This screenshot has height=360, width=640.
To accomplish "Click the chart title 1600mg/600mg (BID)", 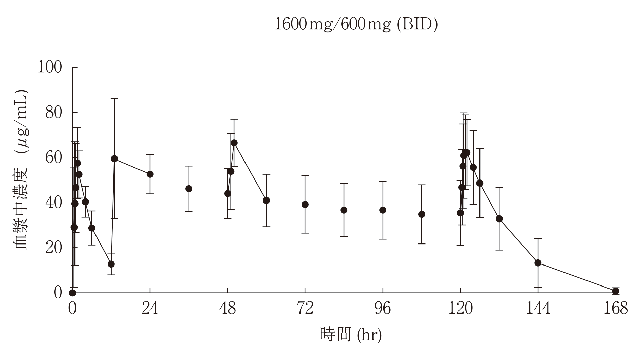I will (x=356, y=25).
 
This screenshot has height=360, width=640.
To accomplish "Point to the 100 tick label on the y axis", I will (x=50, y=67).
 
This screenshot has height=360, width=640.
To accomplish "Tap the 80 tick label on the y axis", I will (x=54, y=112).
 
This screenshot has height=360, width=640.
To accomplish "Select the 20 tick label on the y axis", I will (x=54, y=248).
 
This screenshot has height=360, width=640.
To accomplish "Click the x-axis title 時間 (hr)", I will (x=351, y=335).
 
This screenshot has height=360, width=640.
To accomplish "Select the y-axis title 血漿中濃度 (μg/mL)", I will (x=21, y=169).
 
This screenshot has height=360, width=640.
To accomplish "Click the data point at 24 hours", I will (x=150, y=174).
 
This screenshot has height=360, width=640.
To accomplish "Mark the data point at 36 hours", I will (x=189, y=189).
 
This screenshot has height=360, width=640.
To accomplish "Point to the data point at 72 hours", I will (x=305, y=204).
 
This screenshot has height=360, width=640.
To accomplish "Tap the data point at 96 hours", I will (x=383, y=210).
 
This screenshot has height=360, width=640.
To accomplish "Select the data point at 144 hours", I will (x=538, y=263).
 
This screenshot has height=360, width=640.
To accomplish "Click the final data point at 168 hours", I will (x=616, y=291).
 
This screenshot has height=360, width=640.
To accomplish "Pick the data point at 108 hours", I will (x=422, y=214).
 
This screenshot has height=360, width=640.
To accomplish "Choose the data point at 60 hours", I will (x=266, y=200).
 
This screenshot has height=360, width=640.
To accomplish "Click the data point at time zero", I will (x=72, y=293).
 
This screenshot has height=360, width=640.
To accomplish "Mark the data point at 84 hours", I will (x=344, y=210).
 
